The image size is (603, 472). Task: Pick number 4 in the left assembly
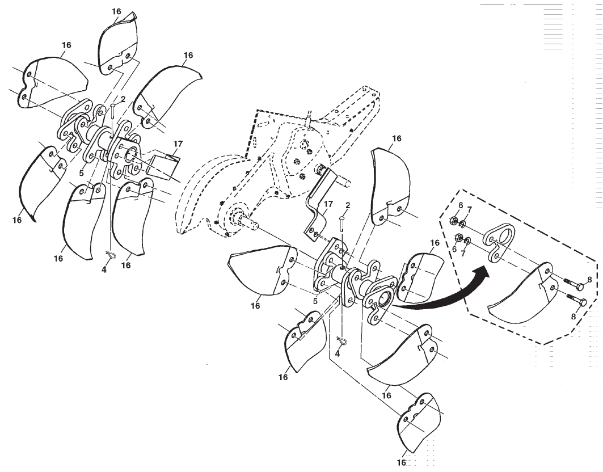pos(104,269)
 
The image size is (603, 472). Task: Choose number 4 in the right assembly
pos(338,353)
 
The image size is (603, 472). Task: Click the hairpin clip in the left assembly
pos(110,256)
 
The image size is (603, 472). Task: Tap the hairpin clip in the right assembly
pos(342,341)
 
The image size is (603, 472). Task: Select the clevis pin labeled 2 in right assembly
pos(342,222)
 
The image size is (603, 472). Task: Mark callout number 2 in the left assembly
pos(123,99)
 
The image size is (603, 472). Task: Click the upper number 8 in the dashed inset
pos(589,279)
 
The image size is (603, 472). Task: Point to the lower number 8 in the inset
pos(574,317)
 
